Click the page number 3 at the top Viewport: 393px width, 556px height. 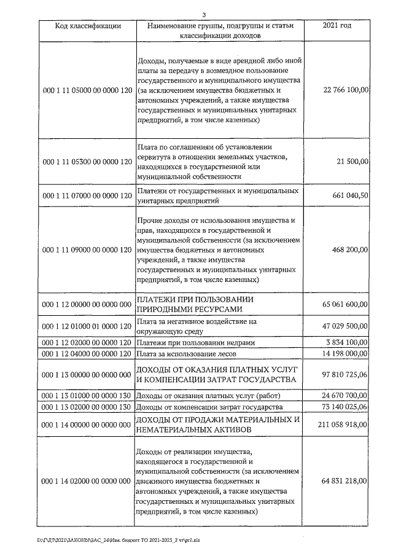coord(203,14)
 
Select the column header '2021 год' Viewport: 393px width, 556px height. coord(337,26)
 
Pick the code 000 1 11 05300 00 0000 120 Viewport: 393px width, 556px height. coord(87,162)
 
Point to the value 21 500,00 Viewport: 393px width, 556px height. coord(352,162)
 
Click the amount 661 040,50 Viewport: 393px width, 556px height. coord(349,195)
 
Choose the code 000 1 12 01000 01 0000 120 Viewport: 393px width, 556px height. coord(87,326)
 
